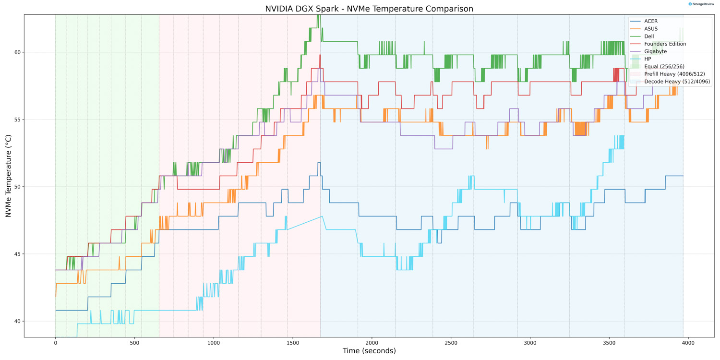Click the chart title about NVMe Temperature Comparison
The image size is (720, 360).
click(x=369, y=9)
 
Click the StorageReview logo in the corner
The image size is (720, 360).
click(x=701, y=4)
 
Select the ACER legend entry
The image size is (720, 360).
click(x=651, y=22)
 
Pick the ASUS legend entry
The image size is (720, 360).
click(x=651, y=29)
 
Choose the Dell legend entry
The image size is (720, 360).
click(x=649, y=36)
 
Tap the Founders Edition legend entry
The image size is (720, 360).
click(x=665, y=44)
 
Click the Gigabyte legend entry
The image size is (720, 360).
click(x=655, y=51)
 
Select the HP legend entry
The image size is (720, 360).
click(x=648, y=59)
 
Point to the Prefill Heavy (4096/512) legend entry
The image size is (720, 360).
click(x=674, y=74)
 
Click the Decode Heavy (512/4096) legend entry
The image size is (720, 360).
click(x=677, y=82)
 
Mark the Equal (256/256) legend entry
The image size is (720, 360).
click(x=664, y=66)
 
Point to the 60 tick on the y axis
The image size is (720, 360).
click(x=18, y=52)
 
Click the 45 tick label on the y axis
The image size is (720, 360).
click(x=18, y=254)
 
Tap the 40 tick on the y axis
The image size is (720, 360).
click(x=18, y=321)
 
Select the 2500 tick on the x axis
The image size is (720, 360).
click(x=451, y=343)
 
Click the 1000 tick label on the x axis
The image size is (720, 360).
click(x=214, y=343)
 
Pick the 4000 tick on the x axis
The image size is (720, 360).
click(x=688, y=343)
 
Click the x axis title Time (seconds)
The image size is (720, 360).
click(x=369, y=351)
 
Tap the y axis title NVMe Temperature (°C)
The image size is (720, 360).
click(x=8, y=176)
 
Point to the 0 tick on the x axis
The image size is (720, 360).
click(x=56, y=343)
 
